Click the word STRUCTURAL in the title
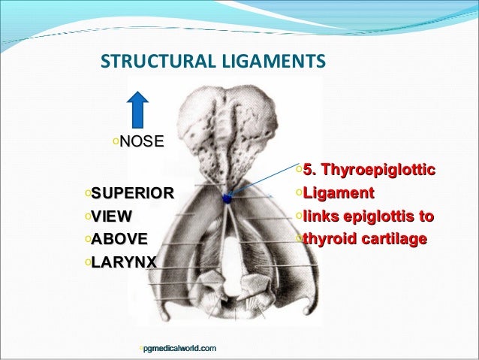[147, 59]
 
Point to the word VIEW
[111, 216]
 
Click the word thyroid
[328, 240]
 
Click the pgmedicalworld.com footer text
[179, 347]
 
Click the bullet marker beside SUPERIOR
[87, 193]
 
